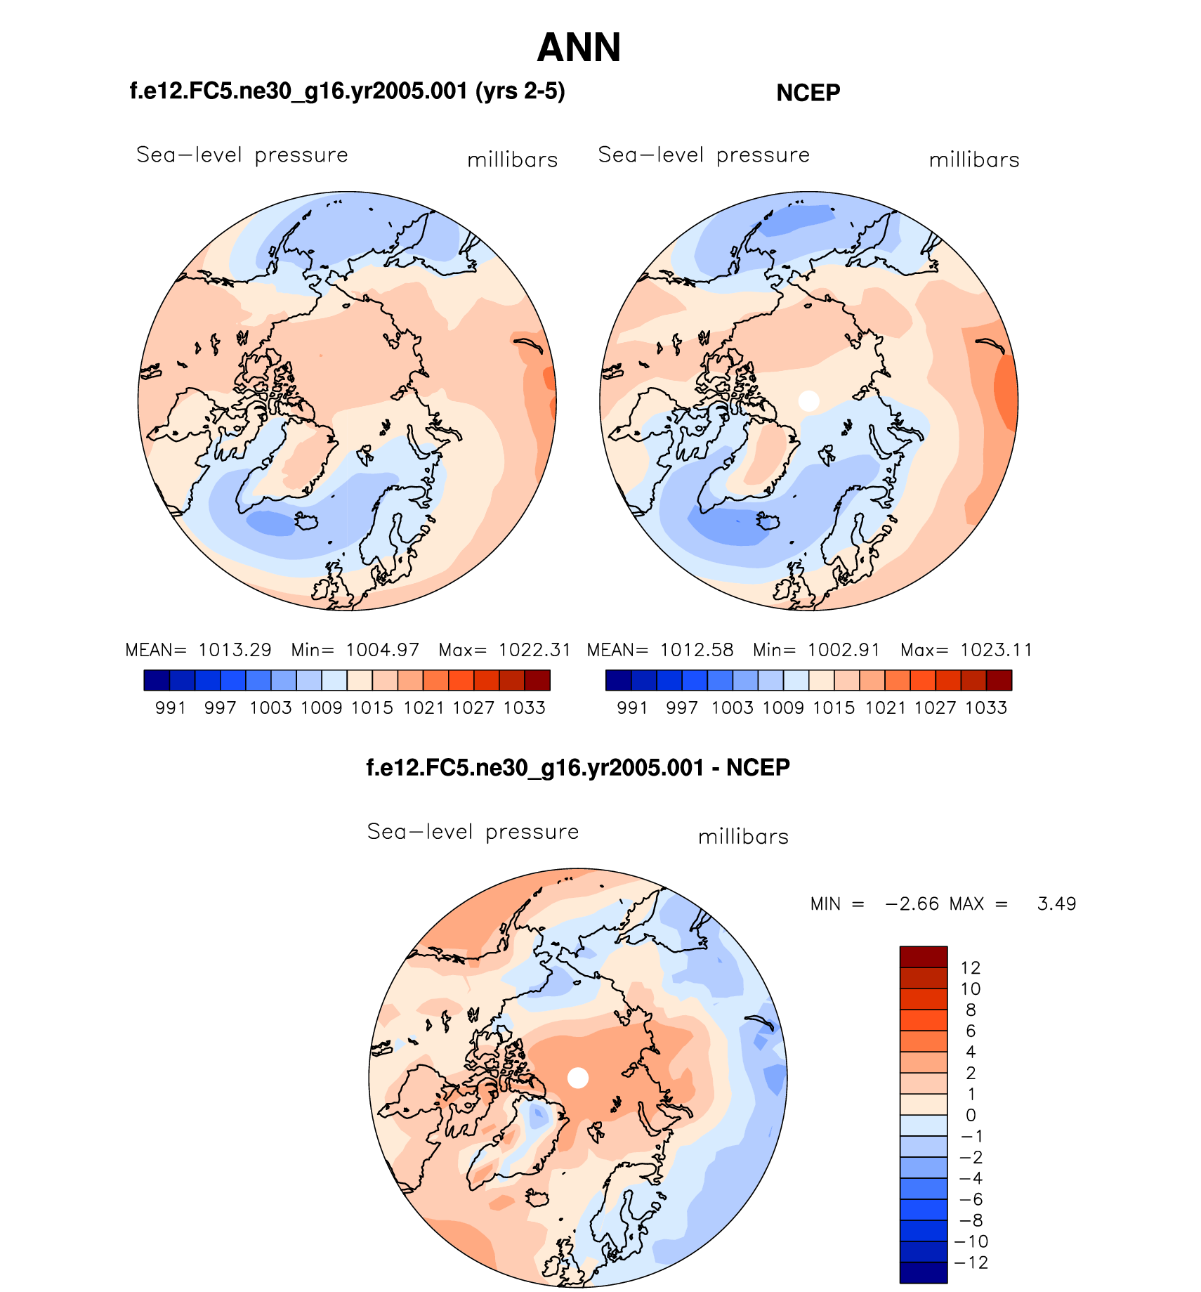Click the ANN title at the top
[x=579, y=48]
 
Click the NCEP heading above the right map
[x=808, y=93]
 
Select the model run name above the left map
[x=347, y=91]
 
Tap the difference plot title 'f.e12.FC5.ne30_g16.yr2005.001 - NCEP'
[x=578, y=767]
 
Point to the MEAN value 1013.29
[x=235, y=650]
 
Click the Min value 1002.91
[x=844, y=650]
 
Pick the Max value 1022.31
[x=534, y=650]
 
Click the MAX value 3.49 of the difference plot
[x=1056, y=903]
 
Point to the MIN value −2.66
[x=912, y=903]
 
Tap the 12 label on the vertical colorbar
[x=970, y=967]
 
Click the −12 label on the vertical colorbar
[x=972, y=1262]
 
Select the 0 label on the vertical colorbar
[x=971, y=1115]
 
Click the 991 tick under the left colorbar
[x=171, y=707]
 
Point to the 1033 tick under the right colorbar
[x=986, y=707]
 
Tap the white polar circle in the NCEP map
[x=809, y=400]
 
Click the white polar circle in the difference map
[x=577, y=1078]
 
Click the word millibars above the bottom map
[x=743, y=837]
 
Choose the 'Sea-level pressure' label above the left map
[x=242, y=155]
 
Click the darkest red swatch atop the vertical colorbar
[x=924, y=957]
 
